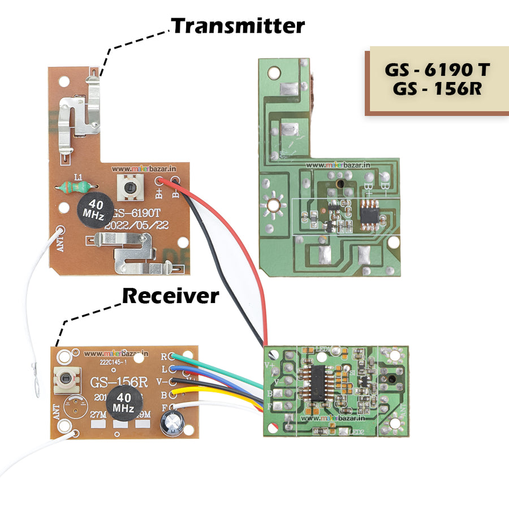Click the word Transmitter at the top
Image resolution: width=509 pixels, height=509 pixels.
click(x=238, y=26)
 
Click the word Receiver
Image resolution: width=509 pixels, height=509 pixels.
click(x=170, y=295)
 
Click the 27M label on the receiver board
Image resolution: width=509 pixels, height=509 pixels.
click(x=98, y=414)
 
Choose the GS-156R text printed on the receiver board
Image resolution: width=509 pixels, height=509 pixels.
click(x=119, y=383)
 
